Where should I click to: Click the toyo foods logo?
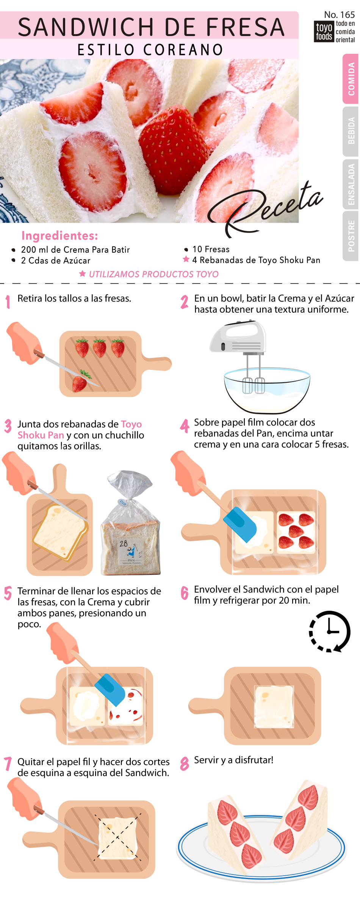point(335,31)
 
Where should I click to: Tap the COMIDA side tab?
point(351,79)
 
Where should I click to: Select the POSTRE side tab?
point(351,236)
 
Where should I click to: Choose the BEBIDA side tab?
point(351,131)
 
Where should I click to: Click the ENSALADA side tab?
point(351,184)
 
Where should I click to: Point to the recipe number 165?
point(340,15)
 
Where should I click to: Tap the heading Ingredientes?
point(60,236)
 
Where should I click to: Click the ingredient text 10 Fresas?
point(211,249)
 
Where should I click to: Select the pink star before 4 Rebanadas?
point(186,260)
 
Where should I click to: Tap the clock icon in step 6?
point(330,632)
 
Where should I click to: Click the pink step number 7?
point(8,763)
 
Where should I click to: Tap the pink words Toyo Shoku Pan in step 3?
point(80,430)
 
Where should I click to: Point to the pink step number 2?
point(184,302)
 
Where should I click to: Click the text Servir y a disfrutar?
point(233,760)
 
